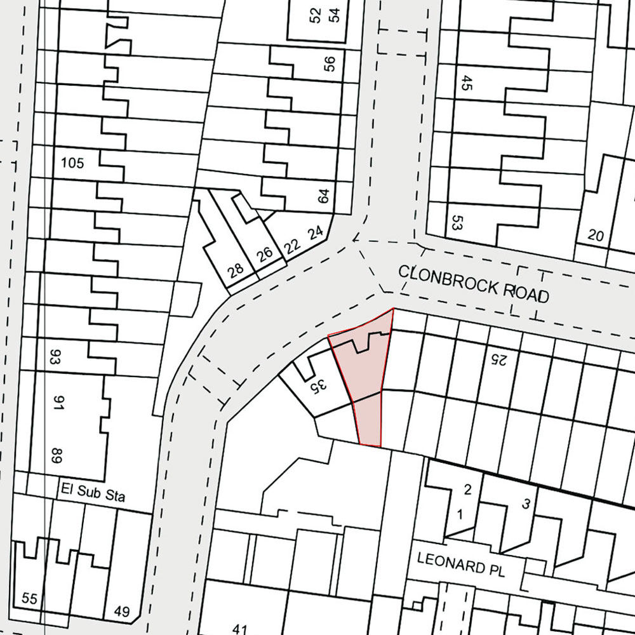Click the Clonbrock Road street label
pyautogui.click(x=473, y=283)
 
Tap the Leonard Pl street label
pyautogui.click(x=460, y=564)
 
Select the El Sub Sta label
pyautogui.click(x=93, y=492)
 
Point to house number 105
pyautogui.click(x=72, y=163)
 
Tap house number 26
pyautogui.click(x=264, y=253)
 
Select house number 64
pyautogui.click(x=324, y=196)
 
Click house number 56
pyautogui.click(x=328, y=64)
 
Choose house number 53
pyautogui.click(x=455, y=223)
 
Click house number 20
pyautogui.click(x=596, y=236)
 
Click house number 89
pyautogui.click(x=56, y=455)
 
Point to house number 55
pyautogui.click(x=30, y=598)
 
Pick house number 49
pyautogui.click(x=122, y=612)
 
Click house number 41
pyautogui.click(x=239, y=629)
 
